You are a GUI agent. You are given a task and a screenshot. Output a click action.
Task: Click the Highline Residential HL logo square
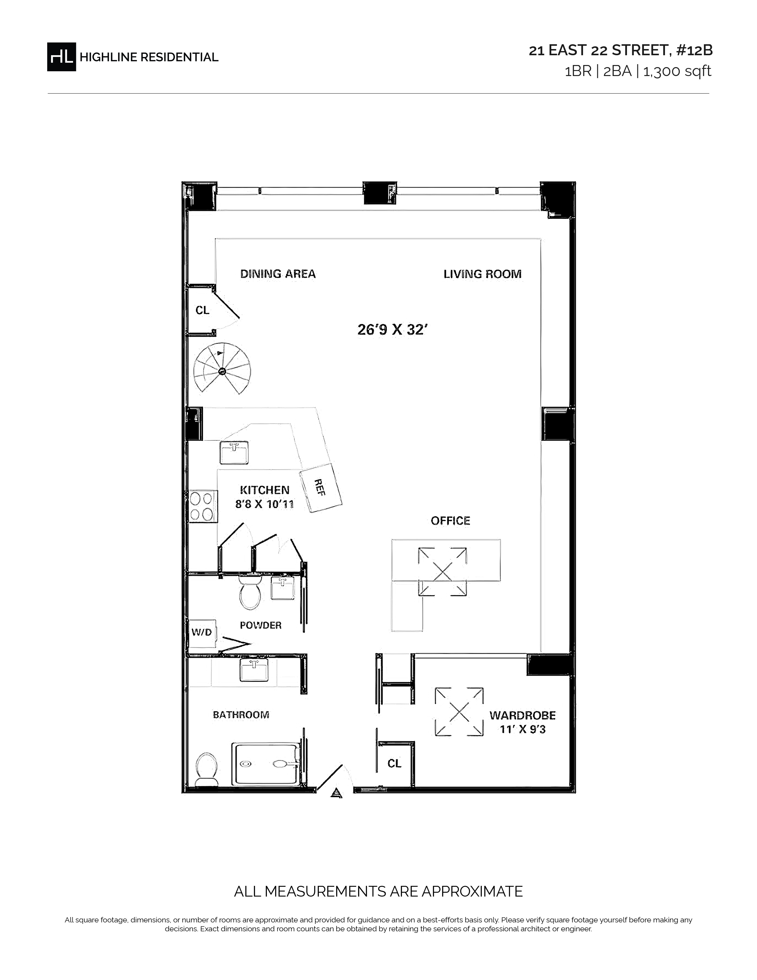[x=61, y=56]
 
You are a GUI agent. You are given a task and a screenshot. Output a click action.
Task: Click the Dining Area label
[x=278, y=274]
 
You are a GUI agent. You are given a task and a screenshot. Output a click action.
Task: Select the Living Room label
[x=482, y=274]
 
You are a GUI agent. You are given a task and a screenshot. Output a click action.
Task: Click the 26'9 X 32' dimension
[x=391, y=330]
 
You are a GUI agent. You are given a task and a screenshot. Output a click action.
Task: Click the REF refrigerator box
[x=321, y=488]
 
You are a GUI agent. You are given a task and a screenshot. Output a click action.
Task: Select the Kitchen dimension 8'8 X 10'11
[x=265, y=504]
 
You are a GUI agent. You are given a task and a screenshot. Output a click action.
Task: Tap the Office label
[x=451, y=521]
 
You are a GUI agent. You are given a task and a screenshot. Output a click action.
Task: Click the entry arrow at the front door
[x=336, y=793]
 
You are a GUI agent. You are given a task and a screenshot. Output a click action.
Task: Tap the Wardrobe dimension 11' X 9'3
[x=523, y=730]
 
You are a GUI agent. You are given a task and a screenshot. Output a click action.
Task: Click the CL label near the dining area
[x=202, y=310]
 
